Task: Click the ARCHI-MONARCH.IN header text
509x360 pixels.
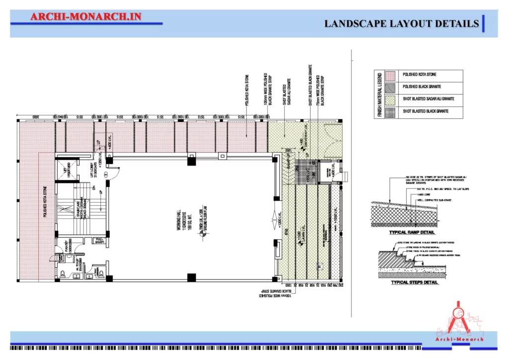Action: point(86,16)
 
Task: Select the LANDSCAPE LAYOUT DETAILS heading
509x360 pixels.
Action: point(402,23)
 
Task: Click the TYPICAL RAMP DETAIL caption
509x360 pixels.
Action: point(412,232)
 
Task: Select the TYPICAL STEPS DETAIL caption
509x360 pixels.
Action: point(415,282)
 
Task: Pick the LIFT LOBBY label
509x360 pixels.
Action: point(93,171)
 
